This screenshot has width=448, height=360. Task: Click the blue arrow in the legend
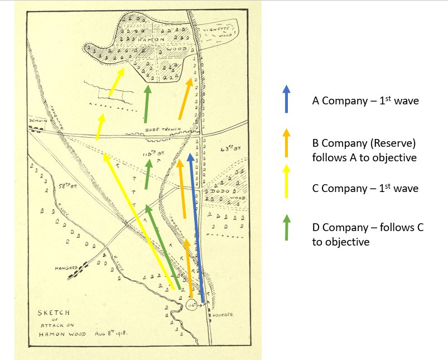[x=286, y=99]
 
